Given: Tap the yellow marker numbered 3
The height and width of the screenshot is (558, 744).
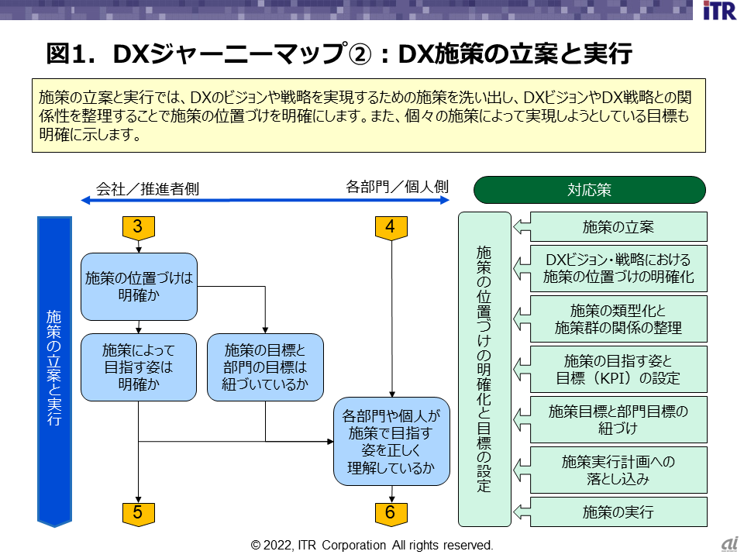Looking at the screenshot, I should tap(138, 226).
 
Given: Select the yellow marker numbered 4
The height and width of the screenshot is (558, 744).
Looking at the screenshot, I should tap(391, 226).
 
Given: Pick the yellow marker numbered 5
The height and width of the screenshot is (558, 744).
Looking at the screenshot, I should tap(138, 511).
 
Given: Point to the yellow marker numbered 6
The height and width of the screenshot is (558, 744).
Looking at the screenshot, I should tap(391, 511).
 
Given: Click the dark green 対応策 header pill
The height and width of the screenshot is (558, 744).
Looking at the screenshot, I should tap(589, 189).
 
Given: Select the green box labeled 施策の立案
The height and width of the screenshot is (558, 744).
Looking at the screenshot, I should tap(618, 227).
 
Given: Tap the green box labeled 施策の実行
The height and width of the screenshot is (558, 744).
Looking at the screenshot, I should tap(618, 511).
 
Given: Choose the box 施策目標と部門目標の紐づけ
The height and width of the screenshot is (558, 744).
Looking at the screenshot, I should tap(618, 419).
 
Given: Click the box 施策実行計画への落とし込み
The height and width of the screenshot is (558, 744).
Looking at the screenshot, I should tap(618, 470).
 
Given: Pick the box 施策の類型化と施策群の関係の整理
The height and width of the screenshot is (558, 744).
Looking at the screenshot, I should tap(618, 319).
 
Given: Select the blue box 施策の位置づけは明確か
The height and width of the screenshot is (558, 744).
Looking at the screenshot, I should tap(139, 286).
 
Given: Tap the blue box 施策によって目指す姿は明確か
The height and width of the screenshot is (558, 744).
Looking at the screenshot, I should tap(139, 367).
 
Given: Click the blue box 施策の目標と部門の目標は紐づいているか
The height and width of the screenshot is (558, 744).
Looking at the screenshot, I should tap(265, 367).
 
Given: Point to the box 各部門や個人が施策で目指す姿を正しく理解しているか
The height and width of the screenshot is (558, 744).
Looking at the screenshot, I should tap(391, 442).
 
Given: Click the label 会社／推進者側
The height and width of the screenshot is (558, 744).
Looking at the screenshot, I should tap(147, 188).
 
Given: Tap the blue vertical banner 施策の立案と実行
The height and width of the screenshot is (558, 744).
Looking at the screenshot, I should tap(54, 370).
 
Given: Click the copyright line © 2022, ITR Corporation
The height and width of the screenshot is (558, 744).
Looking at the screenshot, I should tap(372, 545).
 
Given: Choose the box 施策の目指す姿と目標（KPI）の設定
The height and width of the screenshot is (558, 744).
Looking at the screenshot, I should tap(618, 369).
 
